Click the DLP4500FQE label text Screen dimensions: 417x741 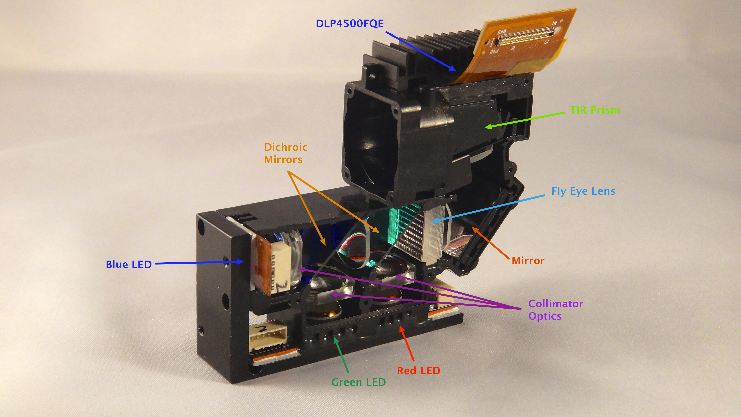coord(349,24)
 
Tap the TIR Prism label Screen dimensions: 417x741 coord(595,110)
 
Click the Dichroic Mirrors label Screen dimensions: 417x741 coord(285,153)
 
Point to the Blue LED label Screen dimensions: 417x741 coord(129,264)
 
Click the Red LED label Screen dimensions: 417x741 coord(419,371)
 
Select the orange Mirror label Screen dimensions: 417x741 coord(528,260)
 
